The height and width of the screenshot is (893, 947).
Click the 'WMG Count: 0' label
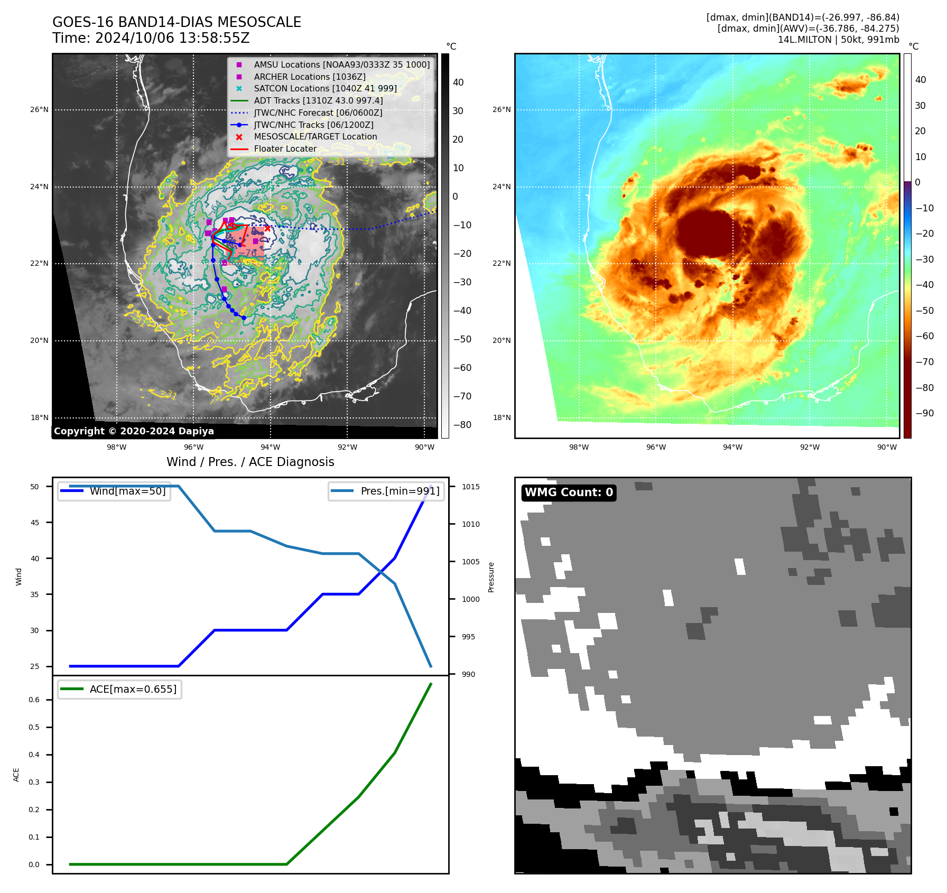click(569, 492)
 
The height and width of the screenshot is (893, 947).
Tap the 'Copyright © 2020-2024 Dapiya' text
click(134, 431)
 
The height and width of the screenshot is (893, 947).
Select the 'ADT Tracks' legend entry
click(318, 100)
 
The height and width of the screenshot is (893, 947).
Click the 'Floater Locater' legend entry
click(285, 148)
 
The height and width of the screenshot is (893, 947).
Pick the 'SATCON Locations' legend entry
click(325, 88)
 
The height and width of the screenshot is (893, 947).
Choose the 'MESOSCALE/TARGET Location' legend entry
click(315, 136)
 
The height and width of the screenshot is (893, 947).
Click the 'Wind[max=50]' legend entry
click(127, 491)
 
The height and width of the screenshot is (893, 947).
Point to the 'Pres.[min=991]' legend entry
click(400, 491)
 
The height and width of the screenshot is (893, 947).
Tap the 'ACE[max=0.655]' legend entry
click(133, 689)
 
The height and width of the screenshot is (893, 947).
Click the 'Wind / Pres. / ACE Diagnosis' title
click(250, 462)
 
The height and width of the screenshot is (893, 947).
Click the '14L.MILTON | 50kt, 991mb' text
click(838, 40)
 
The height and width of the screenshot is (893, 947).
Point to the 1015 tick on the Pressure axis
click(470, 487)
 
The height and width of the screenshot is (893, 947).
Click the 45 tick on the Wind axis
click(35, 523)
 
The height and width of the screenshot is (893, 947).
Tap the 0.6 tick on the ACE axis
click(34, 700)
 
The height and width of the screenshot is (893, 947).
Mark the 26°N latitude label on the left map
click(39, 110)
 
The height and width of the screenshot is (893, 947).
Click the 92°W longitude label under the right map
click(810, 447)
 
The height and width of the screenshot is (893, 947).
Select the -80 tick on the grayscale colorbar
click(462, 425)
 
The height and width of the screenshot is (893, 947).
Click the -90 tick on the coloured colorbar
click(924, 413)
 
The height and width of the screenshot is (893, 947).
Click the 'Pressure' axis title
click(491, 577)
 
